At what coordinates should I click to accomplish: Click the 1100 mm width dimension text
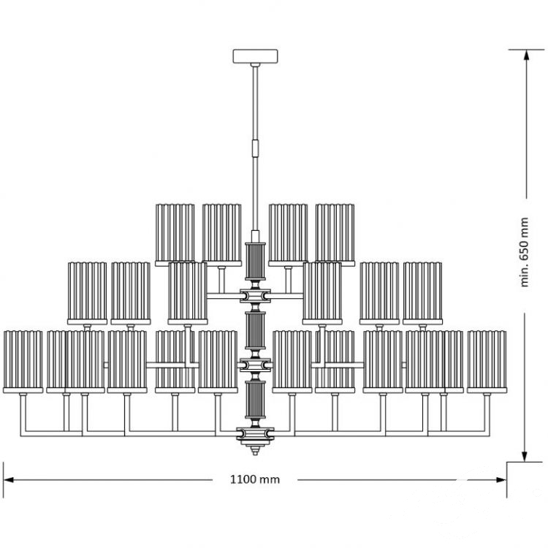[255, 479]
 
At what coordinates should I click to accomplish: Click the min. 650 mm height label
[524, 252]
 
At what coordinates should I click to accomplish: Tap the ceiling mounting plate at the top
[256, 56]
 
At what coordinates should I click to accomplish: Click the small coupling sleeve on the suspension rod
[256, 148]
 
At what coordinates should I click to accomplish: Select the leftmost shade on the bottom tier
[23, 362]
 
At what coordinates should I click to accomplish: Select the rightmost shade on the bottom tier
[487, 362]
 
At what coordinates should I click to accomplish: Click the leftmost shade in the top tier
[175, 235]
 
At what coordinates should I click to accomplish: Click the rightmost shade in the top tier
[335, 235]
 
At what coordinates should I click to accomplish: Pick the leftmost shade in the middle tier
[88, 293]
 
